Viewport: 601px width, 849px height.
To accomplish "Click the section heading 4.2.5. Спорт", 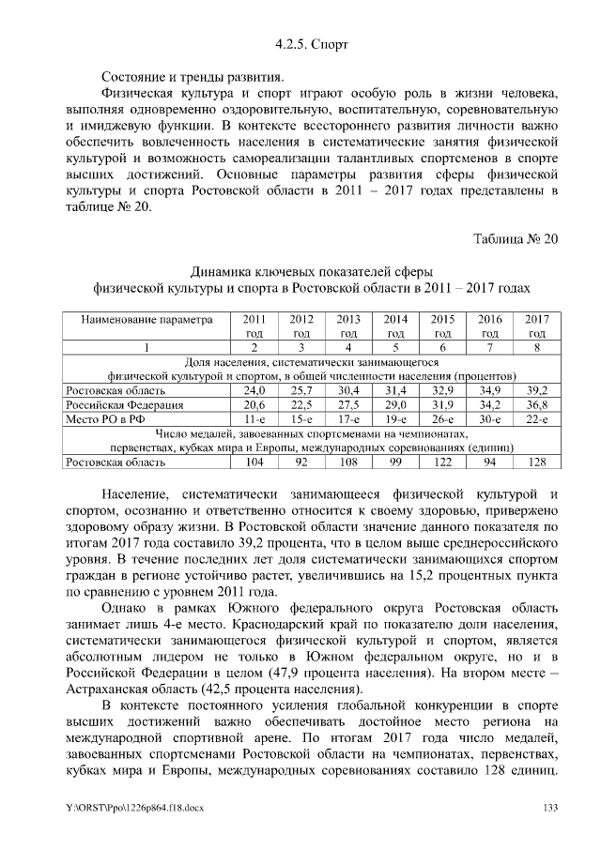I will pyautogui.click(x=300, y=43).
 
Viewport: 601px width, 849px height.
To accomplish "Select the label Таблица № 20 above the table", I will pyautogui.click(x=515, y=238).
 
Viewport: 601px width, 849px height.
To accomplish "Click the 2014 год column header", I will pyautogui.click(x=395, y=326).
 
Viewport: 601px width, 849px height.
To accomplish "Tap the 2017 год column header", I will pyautogui.click(x=537, y=326).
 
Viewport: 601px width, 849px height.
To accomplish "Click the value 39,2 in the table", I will pyautogui.click(x=537, y=389).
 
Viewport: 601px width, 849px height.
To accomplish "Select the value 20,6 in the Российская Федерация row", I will pyautogui.click(x=254, y=404).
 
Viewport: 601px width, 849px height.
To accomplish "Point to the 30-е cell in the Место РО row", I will pyautogui.click(x=490, y=418).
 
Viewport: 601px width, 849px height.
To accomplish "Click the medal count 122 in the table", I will pyautogui.click(x=442, y=462).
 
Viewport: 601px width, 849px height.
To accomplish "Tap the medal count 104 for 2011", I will pyautogui.click(x=254, y=462).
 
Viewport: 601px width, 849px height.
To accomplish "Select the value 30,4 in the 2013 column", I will pyautogui.click(x=348, y=389).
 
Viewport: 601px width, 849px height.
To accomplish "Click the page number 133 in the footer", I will pyautogui.click(x=548, y=809).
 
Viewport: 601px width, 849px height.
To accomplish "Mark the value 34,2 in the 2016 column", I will pyautogui.click(x=490, y=404).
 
